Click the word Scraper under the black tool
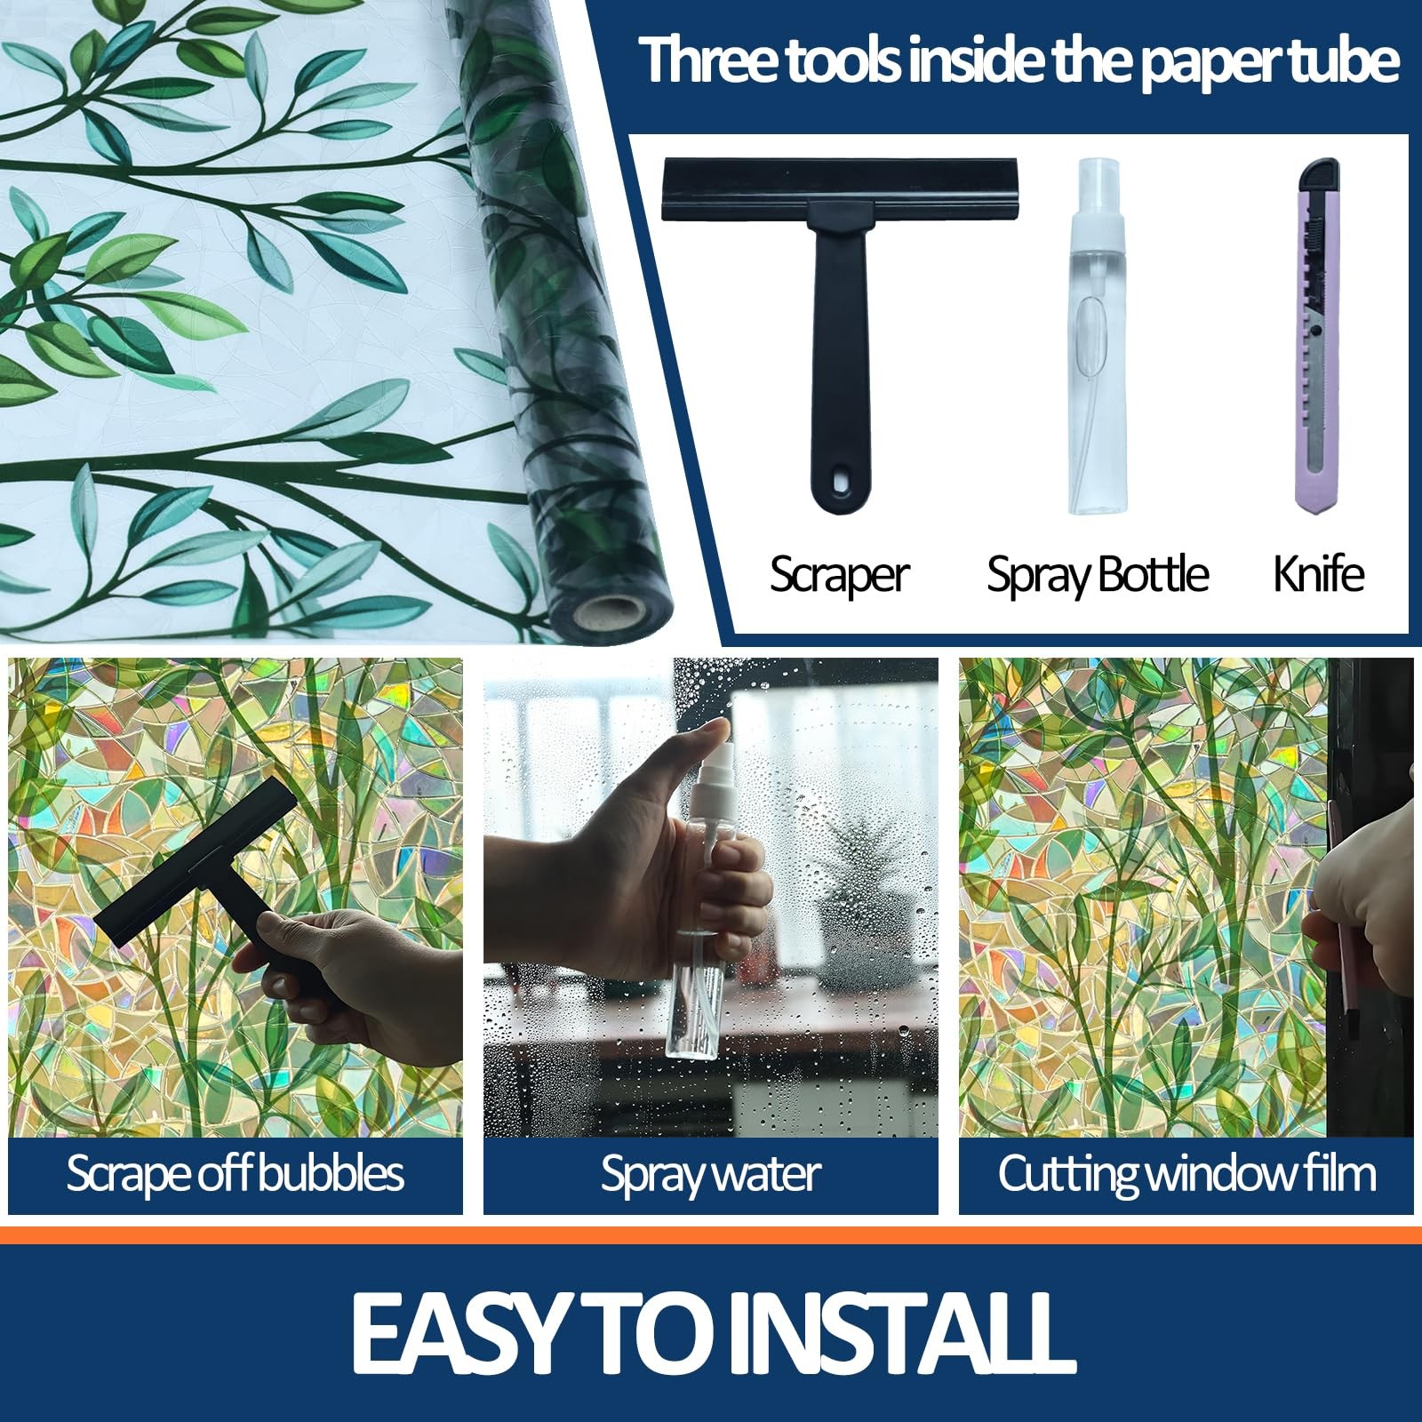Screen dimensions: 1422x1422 click(x=839, y=575)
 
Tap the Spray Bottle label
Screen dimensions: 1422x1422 click(x=1098, y=575)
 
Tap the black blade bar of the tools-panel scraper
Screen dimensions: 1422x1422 click(x=840, y=188)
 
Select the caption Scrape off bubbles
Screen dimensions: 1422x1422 click(x=236, y=1174)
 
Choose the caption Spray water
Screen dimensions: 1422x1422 click(x=710, y=1174)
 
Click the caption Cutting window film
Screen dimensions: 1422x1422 click(x=1186, y=1173)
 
